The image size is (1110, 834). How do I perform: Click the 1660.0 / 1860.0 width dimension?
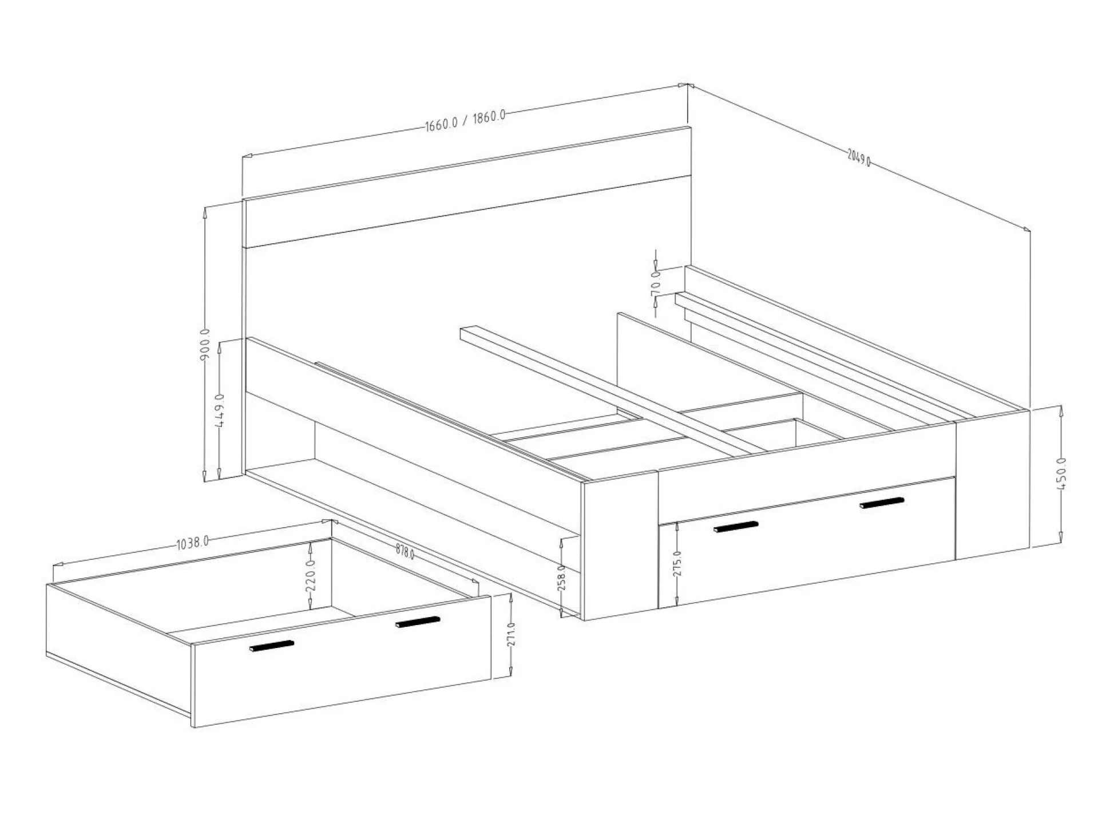[465, 120]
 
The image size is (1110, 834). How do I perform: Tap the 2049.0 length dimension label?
[859, 157]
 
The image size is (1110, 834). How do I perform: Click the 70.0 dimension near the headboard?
[656, 282]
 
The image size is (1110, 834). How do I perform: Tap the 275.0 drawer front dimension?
[677, 564]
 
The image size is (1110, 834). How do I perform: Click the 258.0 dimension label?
[562, 578]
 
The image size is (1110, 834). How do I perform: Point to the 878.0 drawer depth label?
[405, 552]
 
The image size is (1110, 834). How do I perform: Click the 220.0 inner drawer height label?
[310, 575]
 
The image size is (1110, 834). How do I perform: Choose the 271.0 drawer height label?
[511, 634]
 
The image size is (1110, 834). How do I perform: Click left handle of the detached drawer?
[272, 646]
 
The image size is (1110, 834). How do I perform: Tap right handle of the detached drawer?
[418, 622]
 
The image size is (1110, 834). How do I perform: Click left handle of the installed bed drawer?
[736, 527]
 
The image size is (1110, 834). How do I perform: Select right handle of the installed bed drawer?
[882, 503]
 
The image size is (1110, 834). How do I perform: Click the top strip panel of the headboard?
[467, 187]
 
